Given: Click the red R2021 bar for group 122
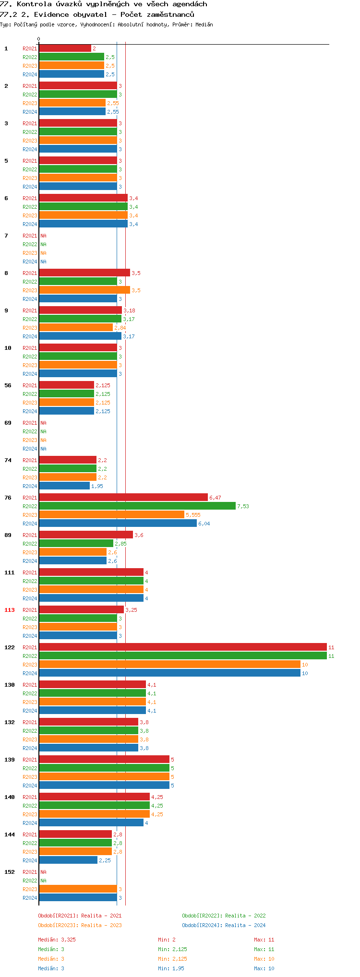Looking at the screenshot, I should (x=182, y=647).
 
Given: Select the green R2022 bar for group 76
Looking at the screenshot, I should (x=137, y=506).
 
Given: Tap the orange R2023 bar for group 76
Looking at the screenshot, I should (x=111, y=515).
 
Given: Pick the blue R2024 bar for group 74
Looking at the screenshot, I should (x=64, y=486).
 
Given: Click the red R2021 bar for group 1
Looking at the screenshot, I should (x=65, y=48).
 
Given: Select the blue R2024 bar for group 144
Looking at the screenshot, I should (x=68, y=860).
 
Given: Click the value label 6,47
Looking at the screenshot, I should (x=215, y=498).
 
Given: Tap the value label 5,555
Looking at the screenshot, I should (x=193, y=515).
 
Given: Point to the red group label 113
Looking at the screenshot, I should (x=10, y=610).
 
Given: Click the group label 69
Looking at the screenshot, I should (x=8, y=423).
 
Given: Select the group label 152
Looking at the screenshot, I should (x=10, y=872).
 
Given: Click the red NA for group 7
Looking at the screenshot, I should (x=43, y=236).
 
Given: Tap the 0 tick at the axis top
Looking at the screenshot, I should (x=39, y=39).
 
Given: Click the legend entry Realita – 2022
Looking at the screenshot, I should (x=224, y=916).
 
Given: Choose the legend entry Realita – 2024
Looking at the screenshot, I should (x=224, y=925).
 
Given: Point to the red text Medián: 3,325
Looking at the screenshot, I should (x=57, y=940).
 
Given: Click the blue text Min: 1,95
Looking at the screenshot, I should (x=171, y=968).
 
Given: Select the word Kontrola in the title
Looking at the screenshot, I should (x=34, y=4).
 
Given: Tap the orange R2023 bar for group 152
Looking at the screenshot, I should (x=78, y=889).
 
